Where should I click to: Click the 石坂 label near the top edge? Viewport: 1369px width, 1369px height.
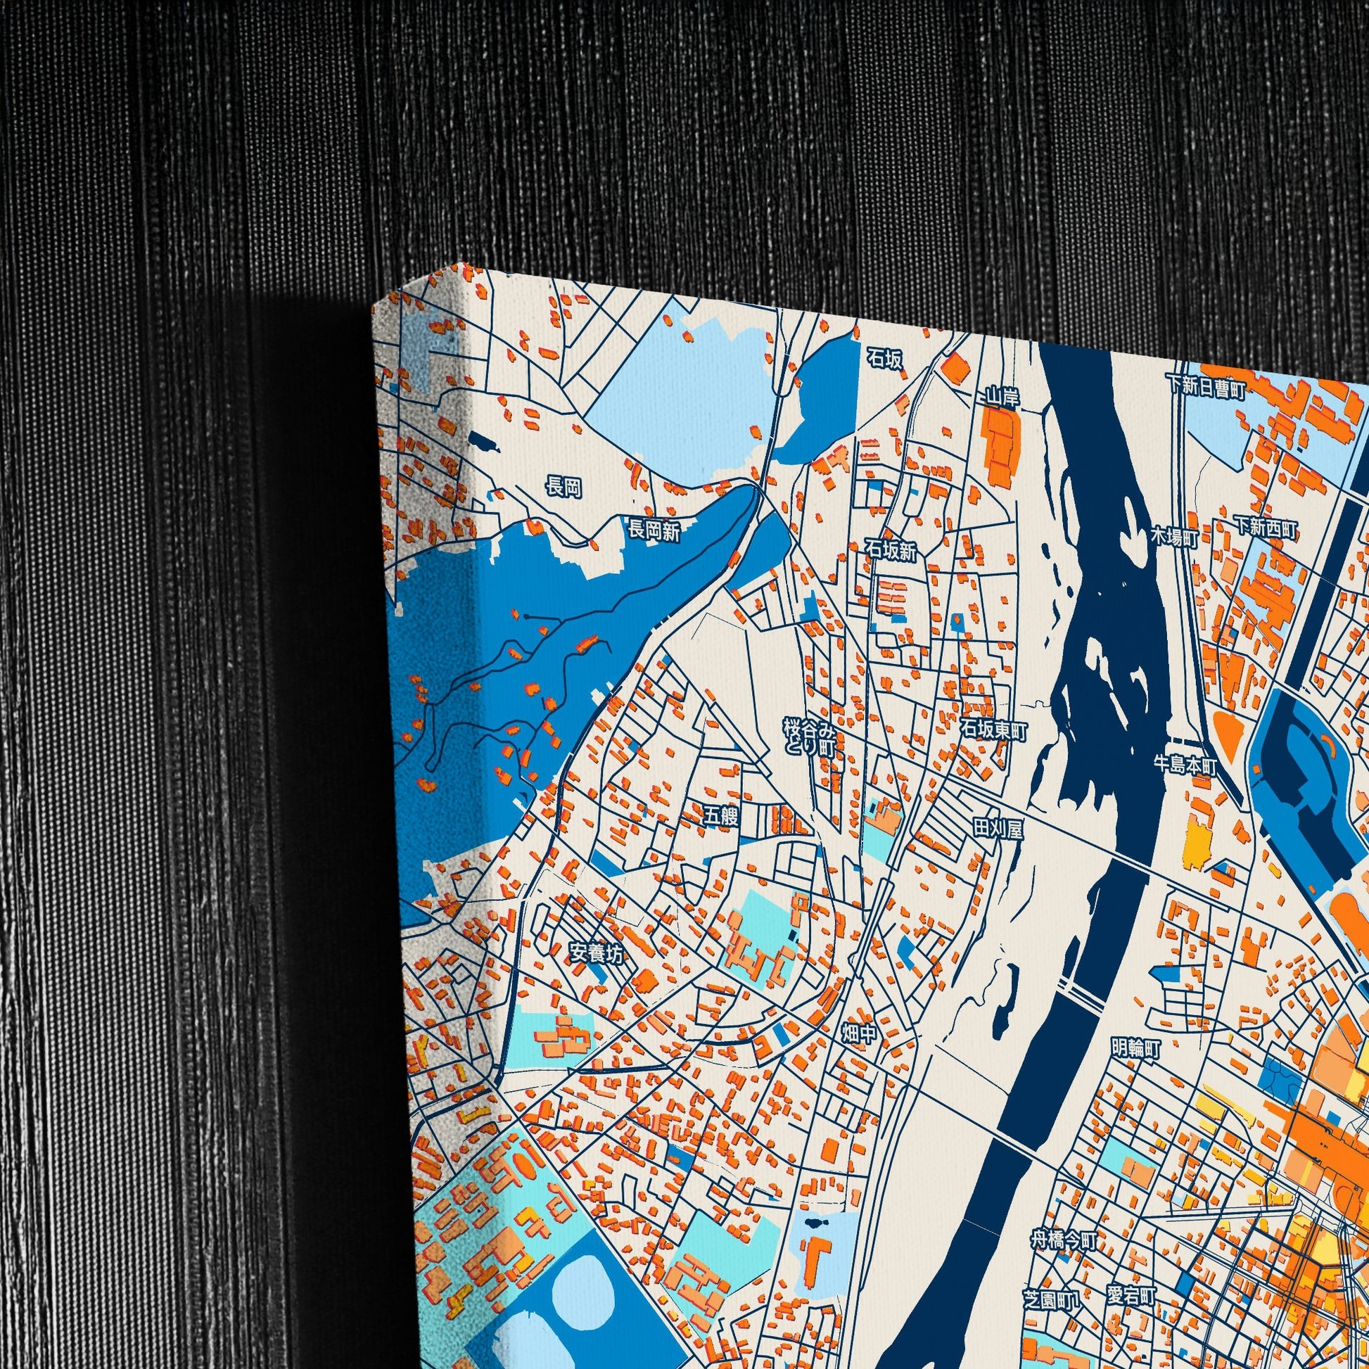click(886, 360)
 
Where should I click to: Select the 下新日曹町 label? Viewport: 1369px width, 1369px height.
click(1205, 386)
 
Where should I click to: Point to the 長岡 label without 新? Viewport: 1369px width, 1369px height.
click(563, 488)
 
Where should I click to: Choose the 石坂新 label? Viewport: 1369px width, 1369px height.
click(891, 551)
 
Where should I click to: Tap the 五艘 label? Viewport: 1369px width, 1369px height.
click(721, 816)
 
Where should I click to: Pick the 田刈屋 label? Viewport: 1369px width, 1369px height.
click(998, 829)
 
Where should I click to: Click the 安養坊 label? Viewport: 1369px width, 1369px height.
click(597, 955)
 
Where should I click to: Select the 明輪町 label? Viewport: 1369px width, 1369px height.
click(1136, 1048)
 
